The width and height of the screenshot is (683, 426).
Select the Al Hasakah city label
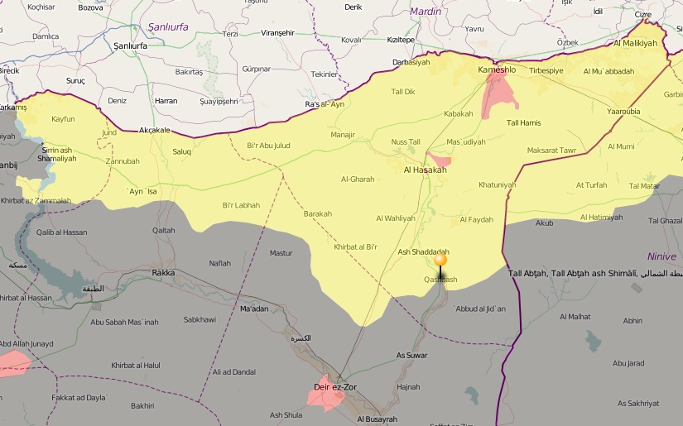point(425,170)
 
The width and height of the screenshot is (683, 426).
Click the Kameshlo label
point(497,70)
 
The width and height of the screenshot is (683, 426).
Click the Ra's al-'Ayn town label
point(325,104)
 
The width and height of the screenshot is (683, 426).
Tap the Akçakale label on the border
point(154,130)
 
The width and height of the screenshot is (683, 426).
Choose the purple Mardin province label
point(426,12)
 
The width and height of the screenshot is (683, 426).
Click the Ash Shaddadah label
point(423,252)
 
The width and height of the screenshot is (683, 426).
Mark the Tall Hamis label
point(523,123)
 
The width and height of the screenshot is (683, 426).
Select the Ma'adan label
point(254,309)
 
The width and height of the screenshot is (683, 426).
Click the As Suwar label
point(412,355)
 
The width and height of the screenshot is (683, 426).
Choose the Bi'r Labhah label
point(241,205)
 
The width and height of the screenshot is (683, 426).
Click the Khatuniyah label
point(497,184)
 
